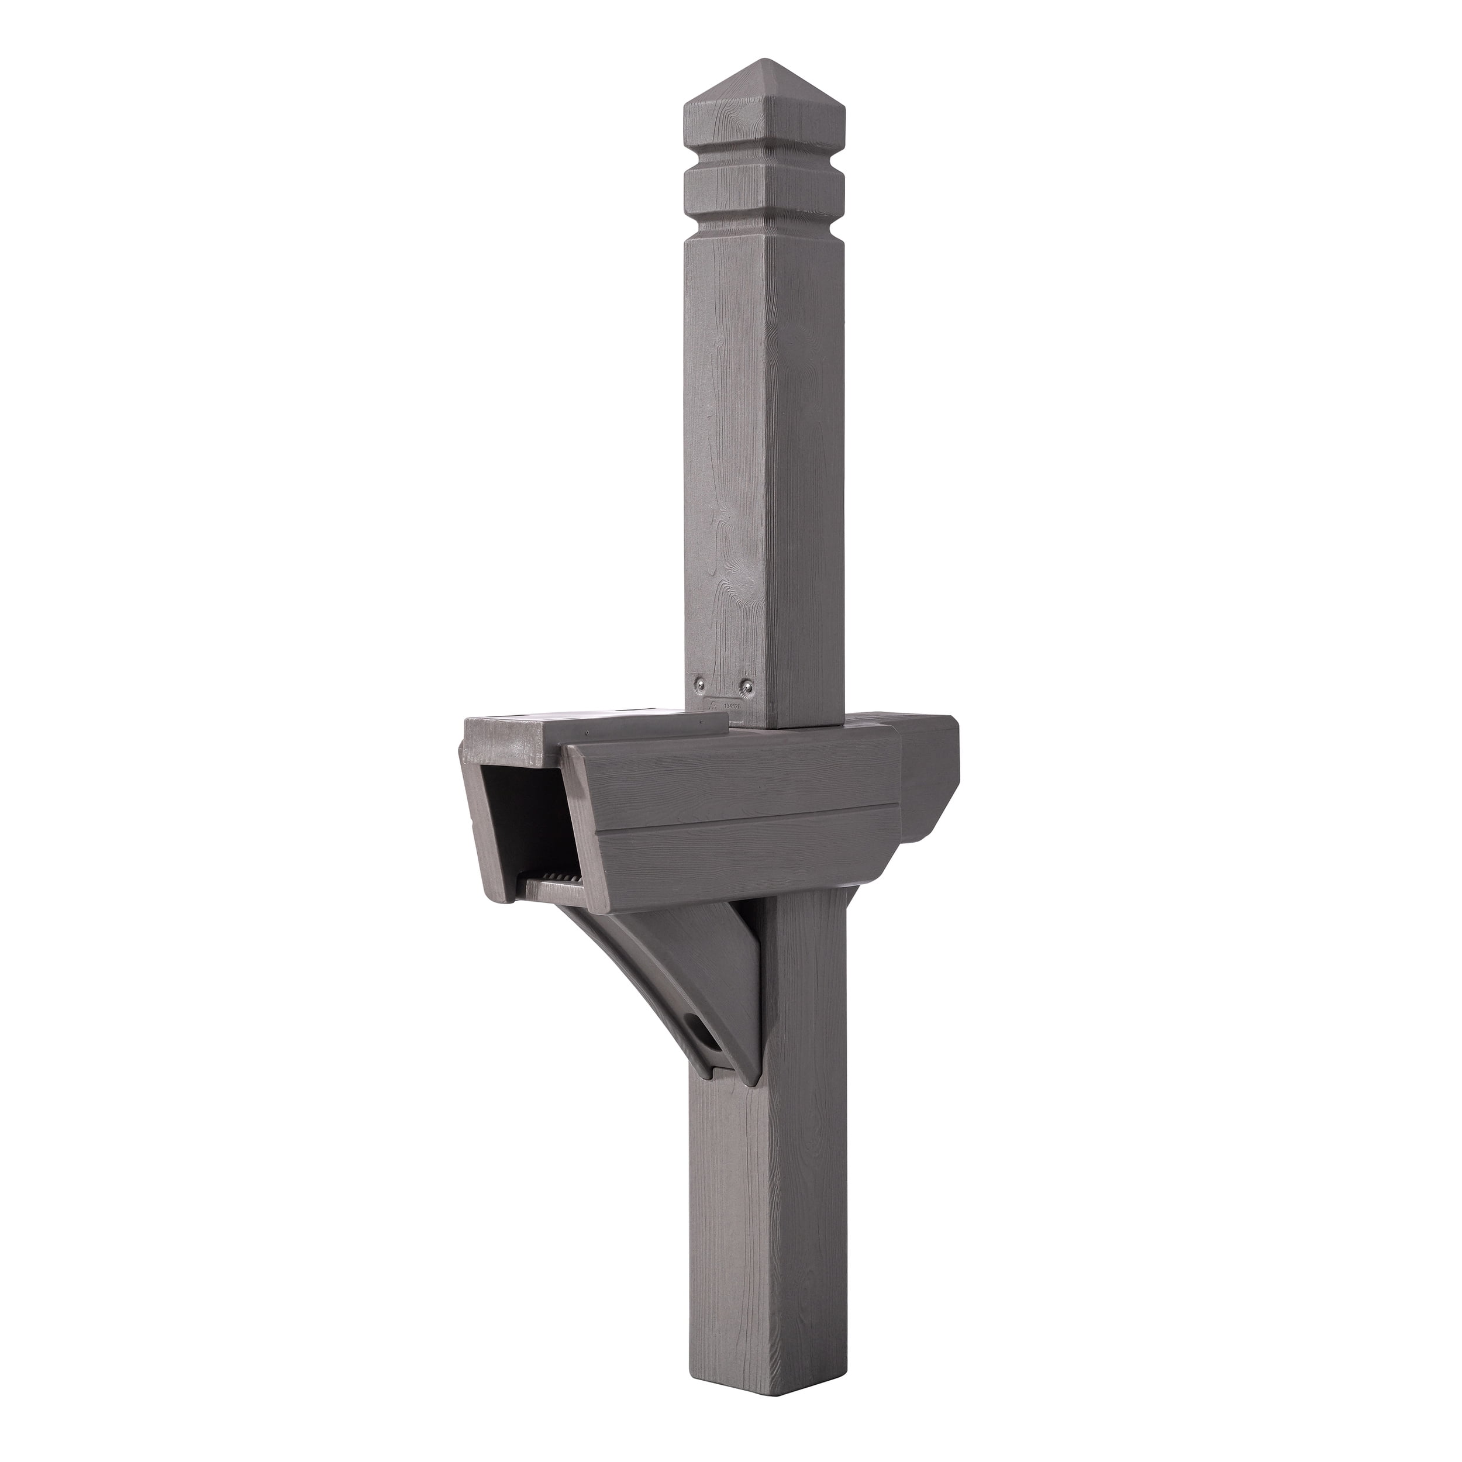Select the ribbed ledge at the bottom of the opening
tap(556, 880)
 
